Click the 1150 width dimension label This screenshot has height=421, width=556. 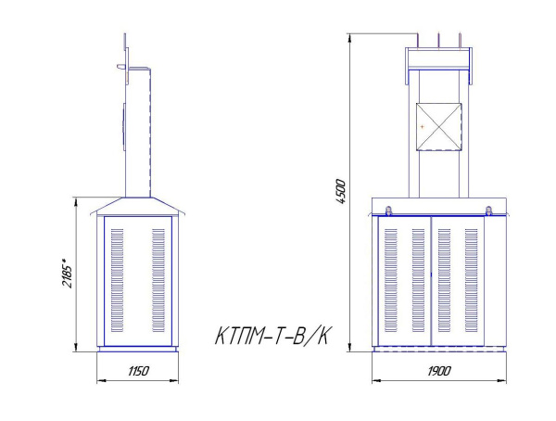pyautogui.click(x=138, y=371)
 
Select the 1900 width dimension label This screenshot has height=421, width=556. pyautogui.click(x=439, y=371)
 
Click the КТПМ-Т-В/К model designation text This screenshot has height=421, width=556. pyautogui.click(x=272, y=335)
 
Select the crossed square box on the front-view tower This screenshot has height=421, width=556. pyautogui.click(x=438, y=125)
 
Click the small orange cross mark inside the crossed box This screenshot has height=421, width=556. pyautogui.click(x=422, y=125)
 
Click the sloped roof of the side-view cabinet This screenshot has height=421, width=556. pyautogui.click(x=137, y=206)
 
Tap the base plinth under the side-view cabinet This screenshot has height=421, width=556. pyautogui.click(x=137, y=351)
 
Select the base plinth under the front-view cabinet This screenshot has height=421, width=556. pyautogui.click(x=437, y=351)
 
